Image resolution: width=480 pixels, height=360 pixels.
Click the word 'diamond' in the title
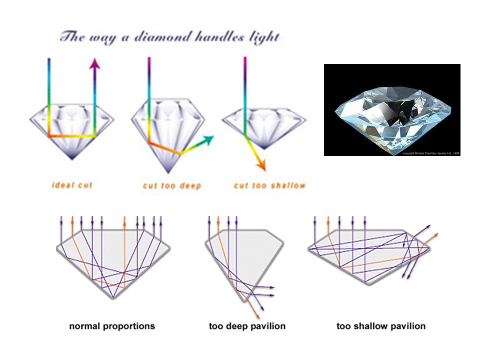(150, 37)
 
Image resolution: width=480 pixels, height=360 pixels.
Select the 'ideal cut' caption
(72, 185)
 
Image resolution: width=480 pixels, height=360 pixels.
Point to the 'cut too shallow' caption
(270, 185)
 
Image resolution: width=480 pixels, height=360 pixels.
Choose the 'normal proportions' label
(112, 326)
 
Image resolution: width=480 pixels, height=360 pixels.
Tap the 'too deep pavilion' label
(247, 326)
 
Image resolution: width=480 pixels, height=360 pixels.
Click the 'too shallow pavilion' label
(381, 326)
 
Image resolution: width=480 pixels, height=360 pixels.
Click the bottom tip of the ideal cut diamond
(72, 159)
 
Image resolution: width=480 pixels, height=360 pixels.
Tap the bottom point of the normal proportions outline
(113, 298)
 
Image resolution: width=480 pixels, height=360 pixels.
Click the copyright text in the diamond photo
(430, 153)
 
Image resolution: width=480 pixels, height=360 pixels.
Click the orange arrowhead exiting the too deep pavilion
(258, 317)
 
